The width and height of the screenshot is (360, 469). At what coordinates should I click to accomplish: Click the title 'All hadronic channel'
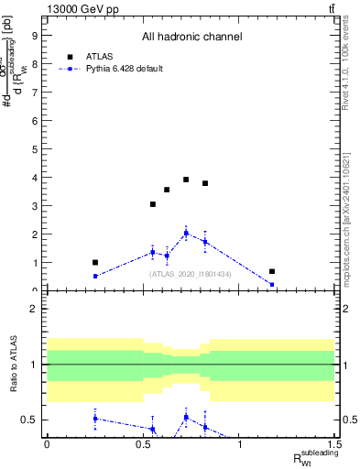coord(191,38)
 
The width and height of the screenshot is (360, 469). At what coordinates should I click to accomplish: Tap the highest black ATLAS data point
coord(186,180)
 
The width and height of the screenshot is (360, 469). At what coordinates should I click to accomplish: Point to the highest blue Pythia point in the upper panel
coord(186,233)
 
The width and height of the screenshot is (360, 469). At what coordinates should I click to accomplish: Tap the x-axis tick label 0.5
coord(143,444)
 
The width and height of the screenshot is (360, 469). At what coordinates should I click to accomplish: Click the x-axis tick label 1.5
coord(335,444)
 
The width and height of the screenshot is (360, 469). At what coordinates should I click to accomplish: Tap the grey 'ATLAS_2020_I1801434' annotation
coord(191,274)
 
